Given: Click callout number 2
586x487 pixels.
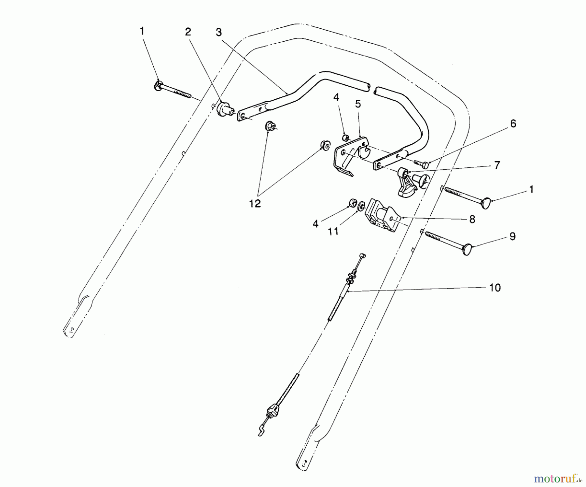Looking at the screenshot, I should [x=188, y=32].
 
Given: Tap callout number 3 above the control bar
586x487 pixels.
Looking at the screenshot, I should [x=218, y=32].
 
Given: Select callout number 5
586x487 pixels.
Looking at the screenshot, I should [x=358, y=104].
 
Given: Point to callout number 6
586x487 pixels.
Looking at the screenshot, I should [x=513, y=123].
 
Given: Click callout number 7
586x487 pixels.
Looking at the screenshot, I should [x=497, y=165].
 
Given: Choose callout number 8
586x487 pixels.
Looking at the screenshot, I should [x=472, y=219].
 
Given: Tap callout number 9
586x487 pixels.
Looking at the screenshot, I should [x=512, y=236].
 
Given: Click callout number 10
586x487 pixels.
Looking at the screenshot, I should [x=495, y=288].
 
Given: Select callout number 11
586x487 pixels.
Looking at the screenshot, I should [x=333, y=232].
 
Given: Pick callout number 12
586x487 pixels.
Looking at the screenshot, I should [x=255, y=204].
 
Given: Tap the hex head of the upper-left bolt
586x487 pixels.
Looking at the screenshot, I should [x=158, y=86].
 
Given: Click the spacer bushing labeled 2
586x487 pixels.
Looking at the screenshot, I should [x=223, y=108].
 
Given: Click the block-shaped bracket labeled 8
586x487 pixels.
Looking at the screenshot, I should [x=381, y=216].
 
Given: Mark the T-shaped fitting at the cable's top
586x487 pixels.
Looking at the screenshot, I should [x=363, y=256].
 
